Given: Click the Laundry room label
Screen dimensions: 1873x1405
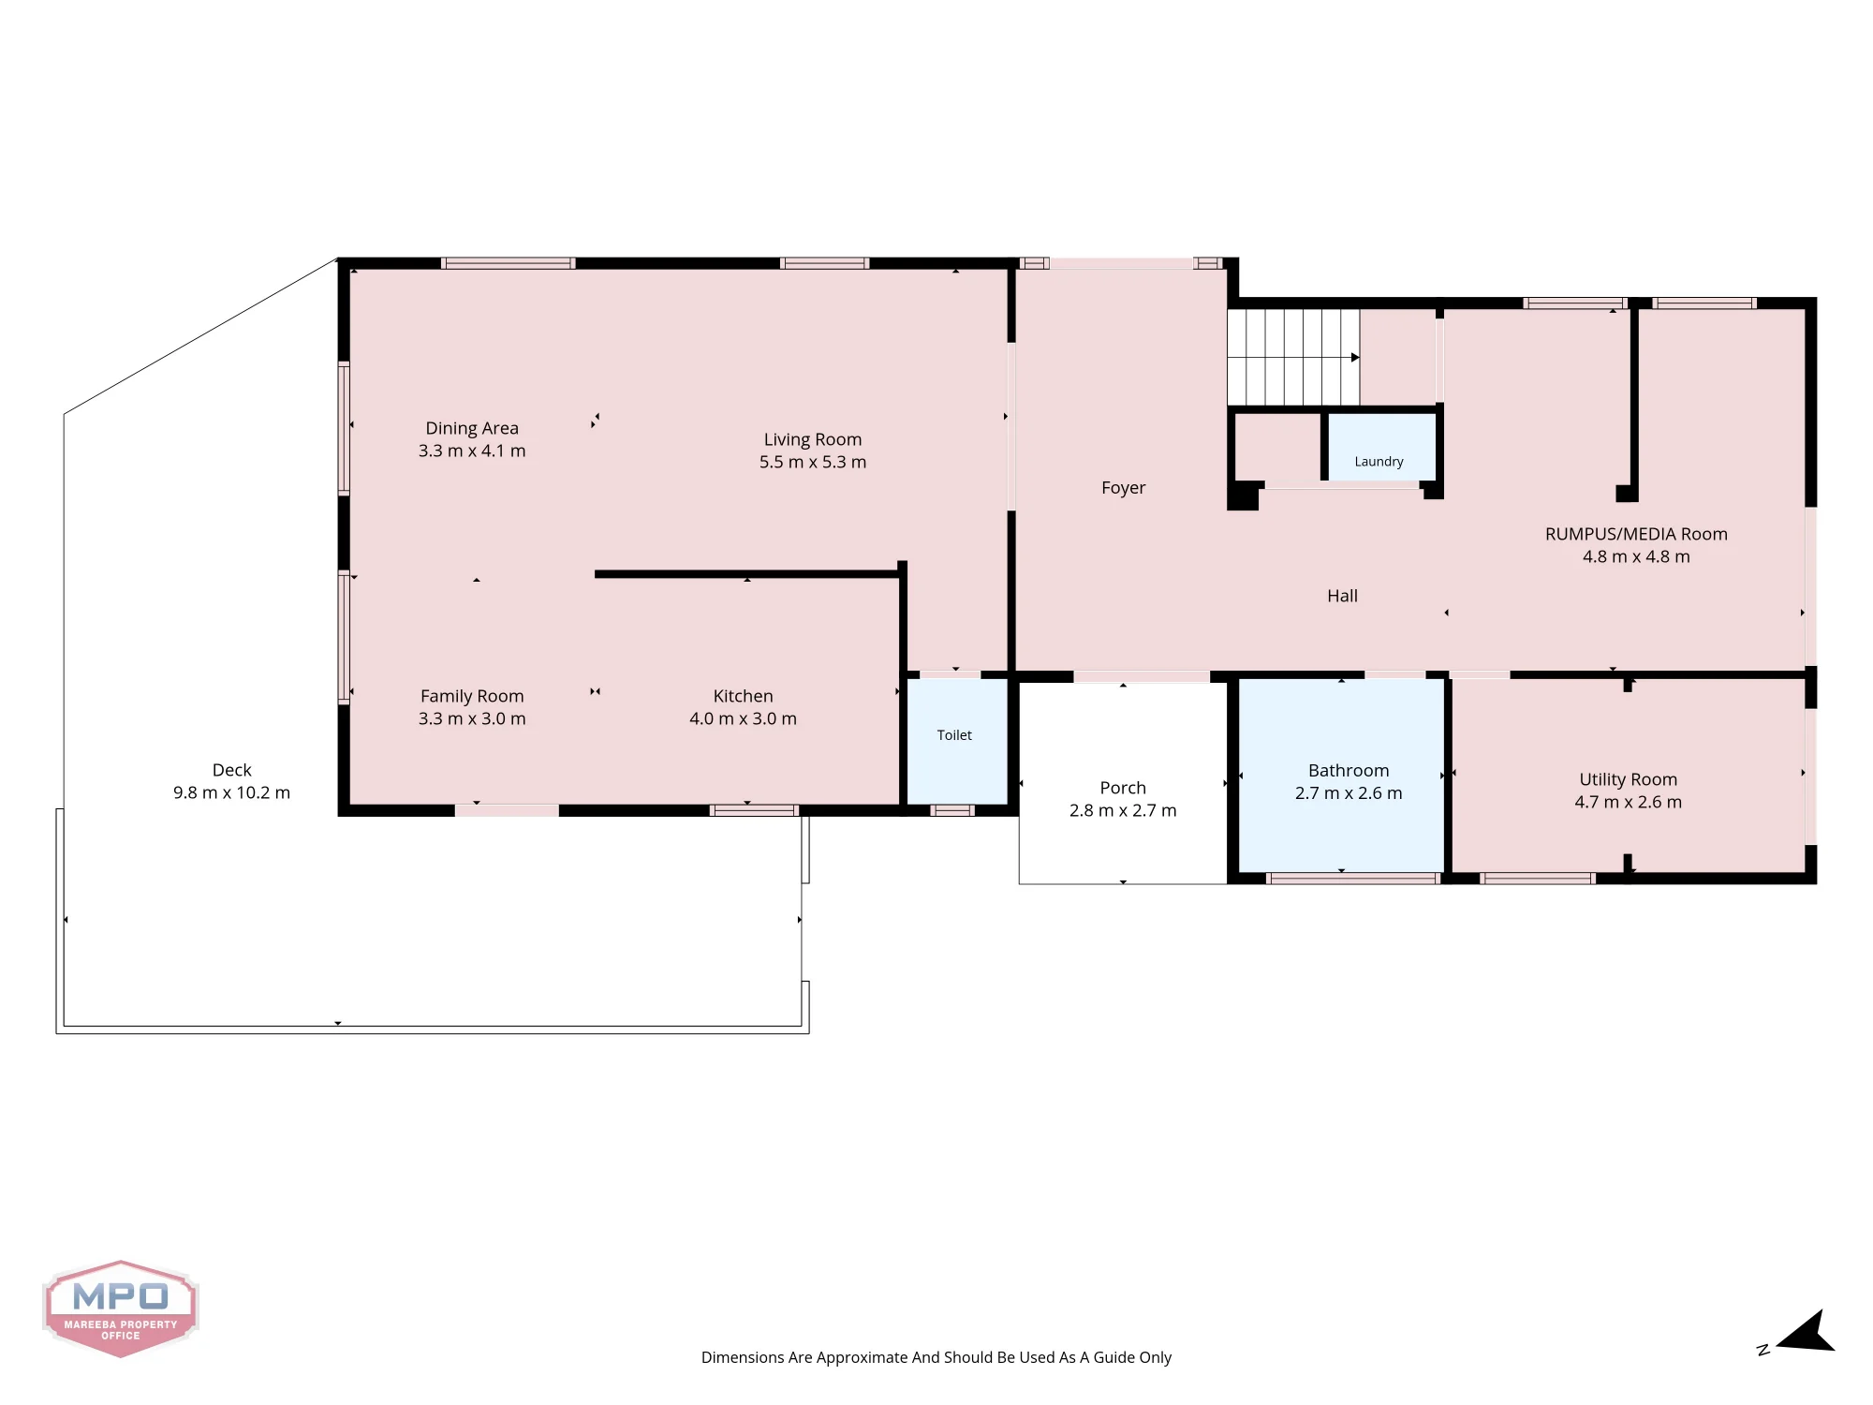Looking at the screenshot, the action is pyautogui.click(x=1379, y=462).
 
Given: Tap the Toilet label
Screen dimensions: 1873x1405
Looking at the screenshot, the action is pyautogui.click(x=954, y=735).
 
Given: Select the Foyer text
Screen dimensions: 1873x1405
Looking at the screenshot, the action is pyautogui.click(x=1123, y=488).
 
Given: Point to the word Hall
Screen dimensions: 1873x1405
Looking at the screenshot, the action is pyautogui.click(x=1342, y=596).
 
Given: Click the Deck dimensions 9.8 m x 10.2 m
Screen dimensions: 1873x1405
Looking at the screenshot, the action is pyautogui.click(x=231, y=792).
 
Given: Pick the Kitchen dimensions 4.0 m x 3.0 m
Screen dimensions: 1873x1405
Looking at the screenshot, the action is pyautogui.click(x=743, y=718).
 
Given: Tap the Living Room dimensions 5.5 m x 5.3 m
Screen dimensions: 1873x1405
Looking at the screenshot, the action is pyautogui.click(x=813, y=462).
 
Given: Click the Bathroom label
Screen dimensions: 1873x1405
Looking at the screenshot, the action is pyautogui.click(x=1349, y=771).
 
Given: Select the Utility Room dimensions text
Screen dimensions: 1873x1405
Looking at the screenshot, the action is pyautogui.click(x=1628, y=802).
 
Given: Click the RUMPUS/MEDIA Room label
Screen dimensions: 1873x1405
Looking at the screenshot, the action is pyautogui.click(x=1636, y=534).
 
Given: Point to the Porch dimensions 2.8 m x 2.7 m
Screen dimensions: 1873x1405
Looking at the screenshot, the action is pyautogui.click(x=1123, y=810).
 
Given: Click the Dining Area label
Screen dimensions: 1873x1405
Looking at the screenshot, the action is pyautogui.click(x=472, y=428).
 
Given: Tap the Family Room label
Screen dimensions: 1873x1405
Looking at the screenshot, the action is pyautogui.click(x=472, y=696).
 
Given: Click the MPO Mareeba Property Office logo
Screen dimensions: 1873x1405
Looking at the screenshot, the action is pyautogui.click(x=120, y=1309).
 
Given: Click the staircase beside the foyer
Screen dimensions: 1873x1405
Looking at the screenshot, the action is pyautogui.click(x=1293, y=357).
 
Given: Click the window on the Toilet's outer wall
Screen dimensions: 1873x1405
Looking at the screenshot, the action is pyautogui.click(x=952, y=810).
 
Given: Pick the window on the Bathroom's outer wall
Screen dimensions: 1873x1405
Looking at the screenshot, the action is pyautogui.click(x=1353, y=879).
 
